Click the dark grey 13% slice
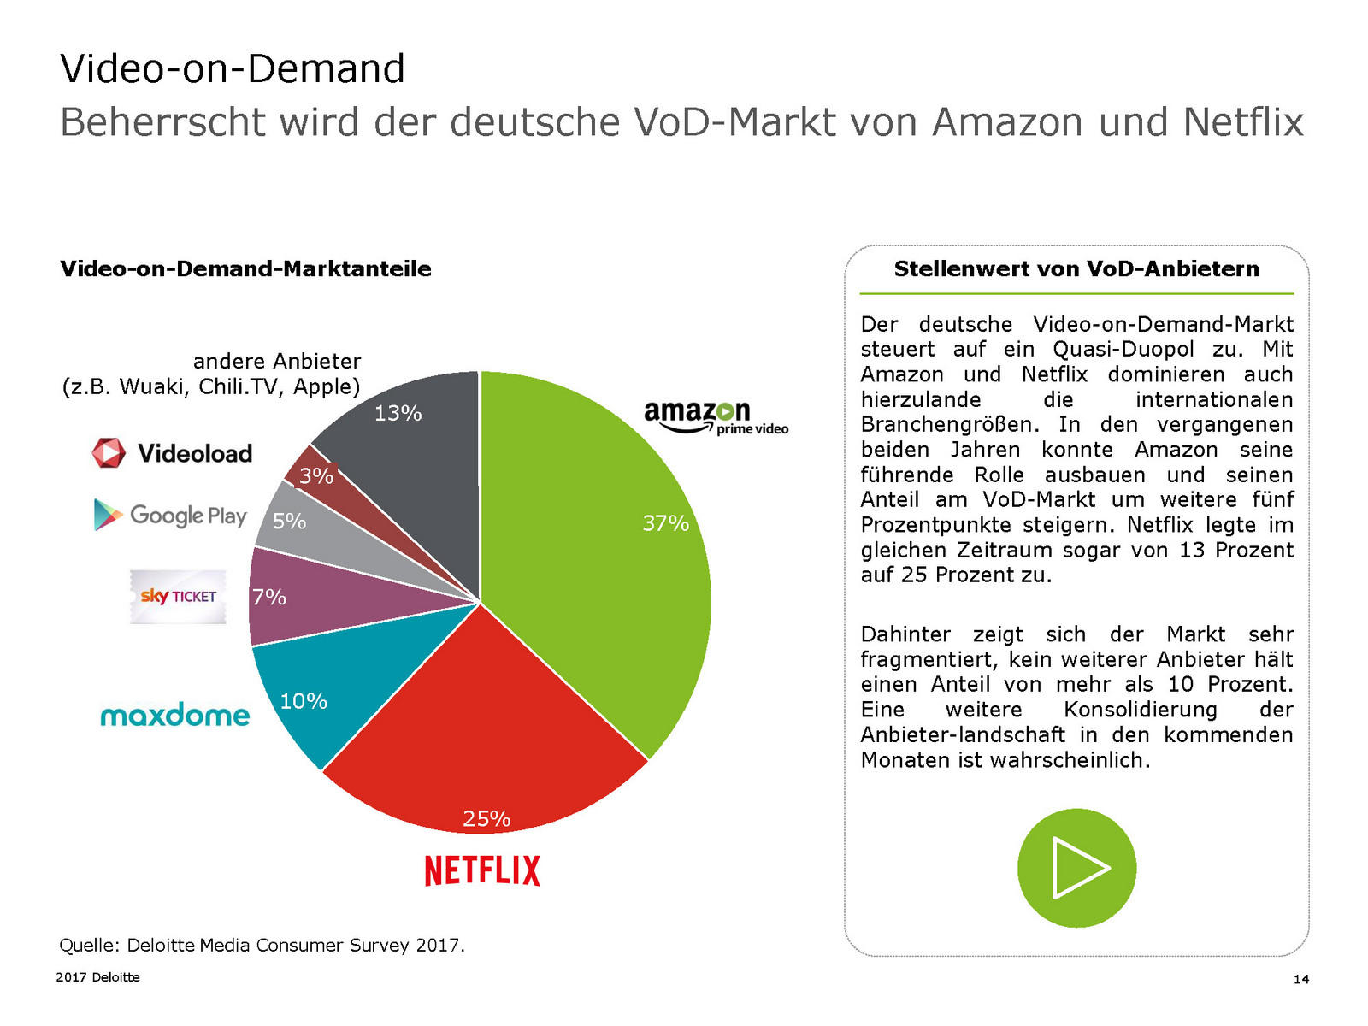(x=410, y=453)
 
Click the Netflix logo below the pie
(x=482, y=870)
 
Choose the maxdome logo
(x=175, y=715)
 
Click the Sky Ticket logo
(x=178, y=596)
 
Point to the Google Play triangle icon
(x=107, y=514)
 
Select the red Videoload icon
(x=109, y=452)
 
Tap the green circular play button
(x=1076, y=868)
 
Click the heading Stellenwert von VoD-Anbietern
(x=1076, y=268)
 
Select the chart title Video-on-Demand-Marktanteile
(x=245, y=268)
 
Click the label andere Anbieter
(x=277, y=361)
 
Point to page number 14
(x=1300, y=979)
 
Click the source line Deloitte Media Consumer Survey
(x=262, y=945)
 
